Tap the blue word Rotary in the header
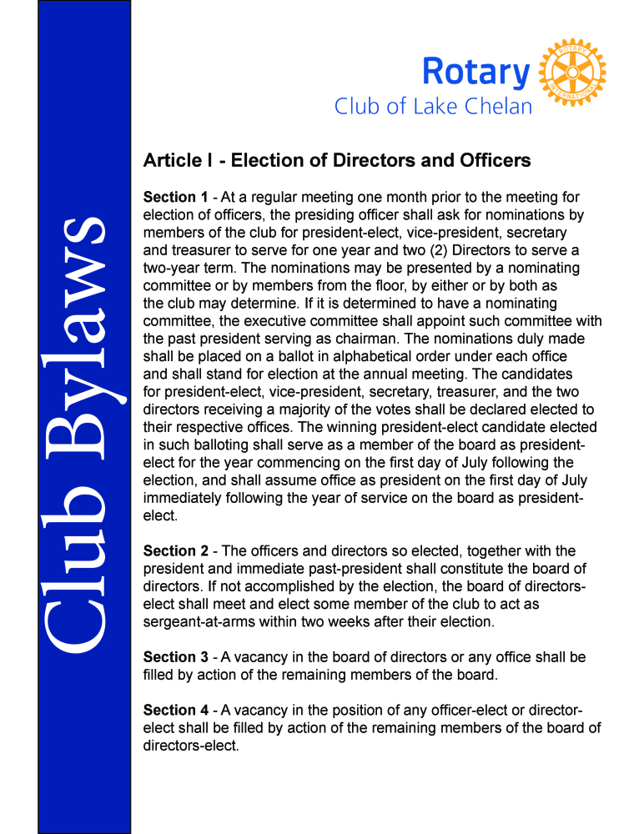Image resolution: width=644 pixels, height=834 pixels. [475, 72]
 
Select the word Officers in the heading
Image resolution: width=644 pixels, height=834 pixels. [495, 159]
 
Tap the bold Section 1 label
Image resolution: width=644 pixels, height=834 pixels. [176, 198]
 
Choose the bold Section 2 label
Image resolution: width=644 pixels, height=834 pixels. [176, 551]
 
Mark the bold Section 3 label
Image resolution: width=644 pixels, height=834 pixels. [176, 658]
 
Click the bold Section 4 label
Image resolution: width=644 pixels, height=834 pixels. [176, 711]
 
